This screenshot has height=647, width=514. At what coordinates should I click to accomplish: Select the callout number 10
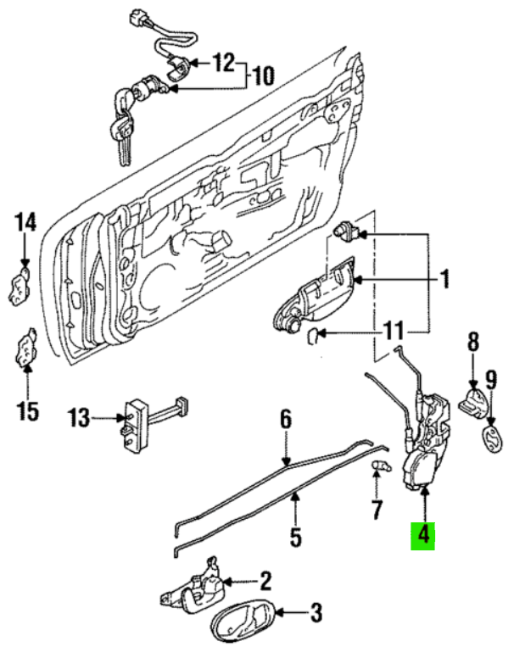264,77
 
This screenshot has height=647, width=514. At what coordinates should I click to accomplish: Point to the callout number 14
26,224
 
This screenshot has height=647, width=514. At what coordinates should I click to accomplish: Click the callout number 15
28,411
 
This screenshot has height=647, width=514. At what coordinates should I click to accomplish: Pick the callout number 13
79,417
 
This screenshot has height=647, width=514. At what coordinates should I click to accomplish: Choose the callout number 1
443,279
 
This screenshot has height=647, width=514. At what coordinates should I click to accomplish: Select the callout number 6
286,419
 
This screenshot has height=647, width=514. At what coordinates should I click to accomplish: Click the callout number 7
377,510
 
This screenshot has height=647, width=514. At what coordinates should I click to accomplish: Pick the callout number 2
265,581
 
